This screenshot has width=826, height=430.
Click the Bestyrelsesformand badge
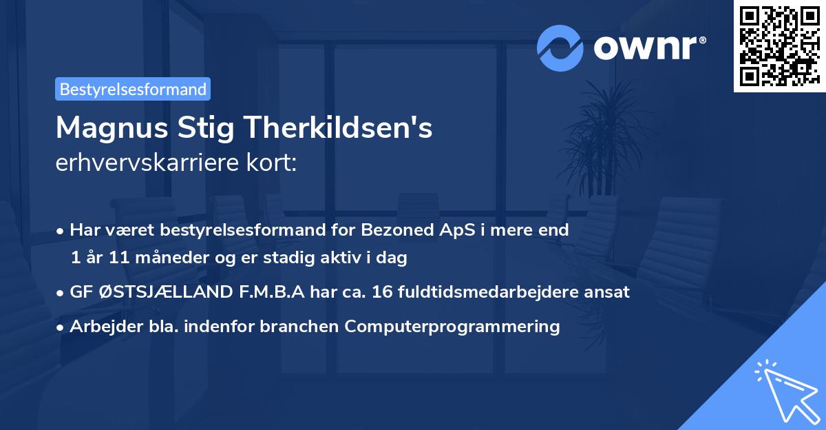133,89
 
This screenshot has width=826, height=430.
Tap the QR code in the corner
779,45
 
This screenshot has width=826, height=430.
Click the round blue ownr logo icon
560,48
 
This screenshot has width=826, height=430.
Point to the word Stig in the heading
215,127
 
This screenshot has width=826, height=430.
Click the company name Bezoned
400,230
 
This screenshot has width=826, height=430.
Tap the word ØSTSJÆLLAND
151,291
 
